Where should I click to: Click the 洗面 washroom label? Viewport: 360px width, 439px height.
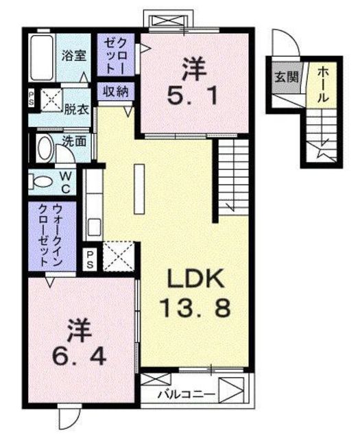(x=74, y=141)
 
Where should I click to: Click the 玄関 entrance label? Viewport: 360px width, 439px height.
(x=287, y=76)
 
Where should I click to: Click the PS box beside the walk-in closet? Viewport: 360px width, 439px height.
(x=91, y=259)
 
